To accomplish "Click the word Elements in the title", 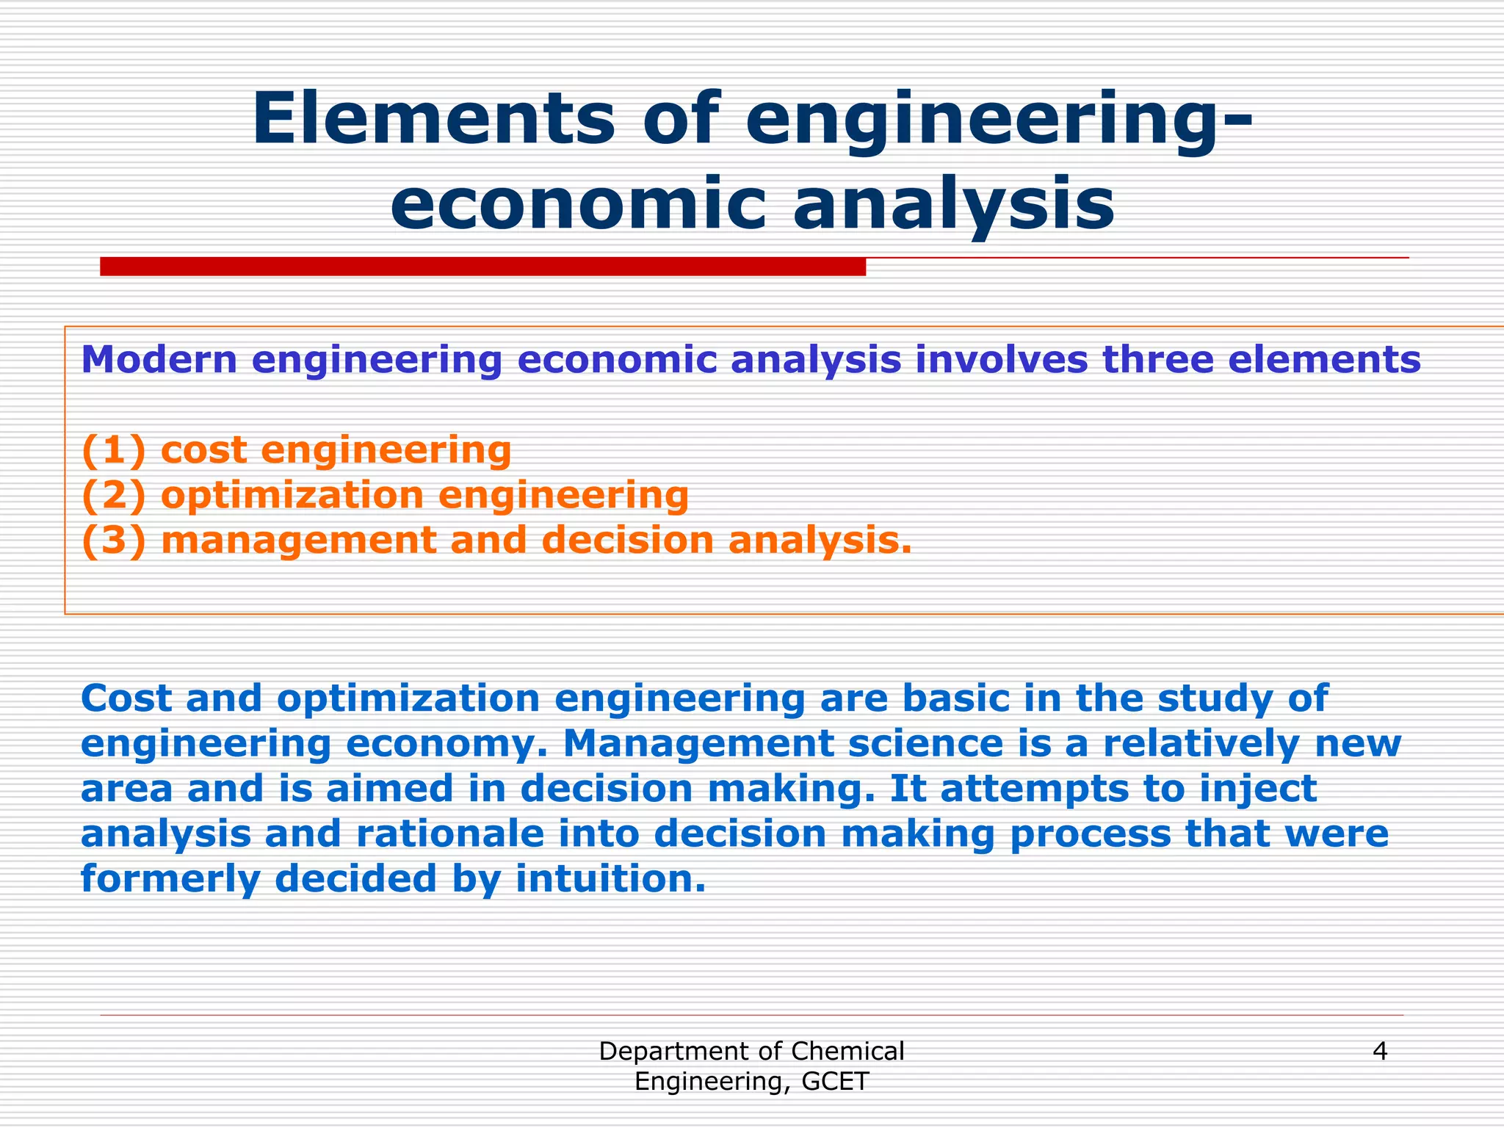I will point(433,119).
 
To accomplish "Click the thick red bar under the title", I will point(482,267).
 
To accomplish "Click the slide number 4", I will point(1379,1052).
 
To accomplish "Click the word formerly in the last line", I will point(170,881).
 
